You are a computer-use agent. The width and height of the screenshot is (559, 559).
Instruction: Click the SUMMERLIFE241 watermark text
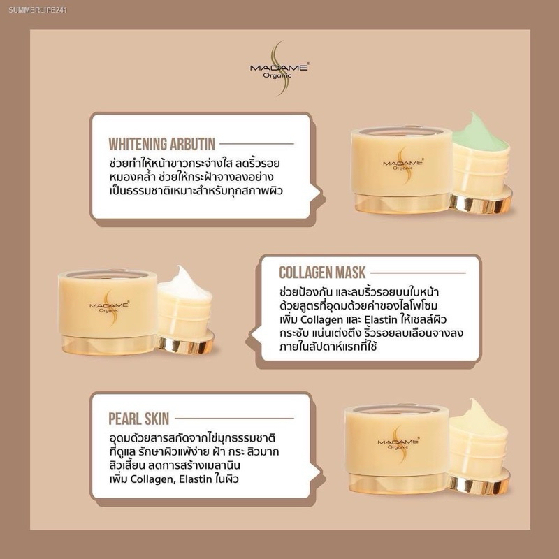[38, 10]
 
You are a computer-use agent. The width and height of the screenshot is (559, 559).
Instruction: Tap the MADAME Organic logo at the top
[279, 68]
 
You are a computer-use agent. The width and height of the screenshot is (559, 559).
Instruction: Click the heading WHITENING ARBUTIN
[162, 144]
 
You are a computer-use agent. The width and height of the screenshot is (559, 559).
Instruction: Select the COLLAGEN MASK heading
[322, 273]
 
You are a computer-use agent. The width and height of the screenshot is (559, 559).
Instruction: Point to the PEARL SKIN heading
[138, 419]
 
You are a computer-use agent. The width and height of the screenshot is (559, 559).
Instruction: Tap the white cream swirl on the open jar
[184, 284]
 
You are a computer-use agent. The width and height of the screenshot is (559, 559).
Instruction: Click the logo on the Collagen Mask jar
[110, 306]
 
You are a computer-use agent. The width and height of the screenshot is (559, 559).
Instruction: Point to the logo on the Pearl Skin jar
[398, 444]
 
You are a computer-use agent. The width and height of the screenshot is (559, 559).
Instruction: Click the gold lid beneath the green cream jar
[481, 201]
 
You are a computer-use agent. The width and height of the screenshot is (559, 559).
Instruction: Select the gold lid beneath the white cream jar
[185, 342]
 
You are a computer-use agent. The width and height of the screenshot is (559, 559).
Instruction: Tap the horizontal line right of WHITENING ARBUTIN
[256, 144]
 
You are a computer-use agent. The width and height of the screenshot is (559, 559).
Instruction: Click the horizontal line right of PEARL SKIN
[234, 419]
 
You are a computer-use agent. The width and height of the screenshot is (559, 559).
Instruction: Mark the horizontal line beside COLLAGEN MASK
[418, 273]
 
